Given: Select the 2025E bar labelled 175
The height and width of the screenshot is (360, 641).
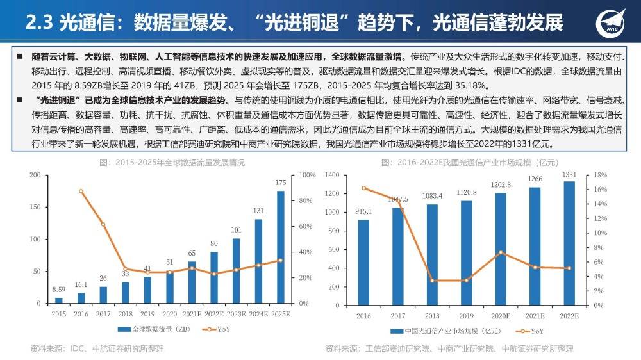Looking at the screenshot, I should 281,247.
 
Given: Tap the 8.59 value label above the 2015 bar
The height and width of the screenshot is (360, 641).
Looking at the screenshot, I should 58,290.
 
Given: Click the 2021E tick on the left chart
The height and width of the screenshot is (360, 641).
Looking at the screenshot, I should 192,314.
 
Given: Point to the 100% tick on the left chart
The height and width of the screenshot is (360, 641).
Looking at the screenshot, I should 308,175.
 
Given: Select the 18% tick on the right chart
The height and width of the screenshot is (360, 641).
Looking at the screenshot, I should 600,175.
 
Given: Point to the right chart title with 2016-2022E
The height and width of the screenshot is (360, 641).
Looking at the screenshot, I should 466,163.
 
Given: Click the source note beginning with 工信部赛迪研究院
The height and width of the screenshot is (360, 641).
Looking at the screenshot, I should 449,348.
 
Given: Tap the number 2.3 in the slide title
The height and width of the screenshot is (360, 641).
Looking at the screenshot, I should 38,23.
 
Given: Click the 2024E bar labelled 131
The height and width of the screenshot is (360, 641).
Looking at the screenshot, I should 258,261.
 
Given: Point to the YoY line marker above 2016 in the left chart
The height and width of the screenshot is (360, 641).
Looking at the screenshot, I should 81,191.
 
